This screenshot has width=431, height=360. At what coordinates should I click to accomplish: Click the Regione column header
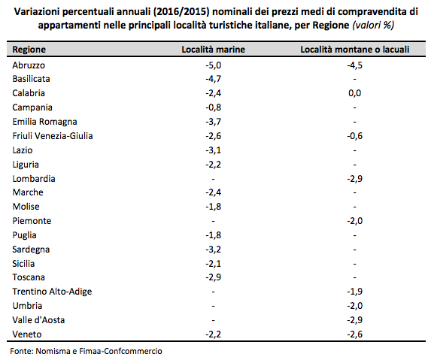(29, 50)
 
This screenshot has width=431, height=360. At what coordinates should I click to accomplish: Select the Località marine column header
(214, 50)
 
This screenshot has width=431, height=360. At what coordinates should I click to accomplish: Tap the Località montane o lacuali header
(354, 50)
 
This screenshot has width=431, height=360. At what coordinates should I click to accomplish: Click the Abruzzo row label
(29, 65)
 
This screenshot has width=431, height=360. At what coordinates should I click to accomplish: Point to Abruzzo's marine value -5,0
(214, 65)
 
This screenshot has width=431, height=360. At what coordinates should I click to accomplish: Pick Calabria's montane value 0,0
(354, 93)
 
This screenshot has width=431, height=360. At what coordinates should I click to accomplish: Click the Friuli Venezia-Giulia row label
(53, 136)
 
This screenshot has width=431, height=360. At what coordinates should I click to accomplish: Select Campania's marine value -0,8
(214, 107)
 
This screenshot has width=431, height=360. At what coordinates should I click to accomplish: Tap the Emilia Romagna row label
(44, 122)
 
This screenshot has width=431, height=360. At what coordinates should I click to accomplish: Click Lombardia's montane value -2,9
(354, 179)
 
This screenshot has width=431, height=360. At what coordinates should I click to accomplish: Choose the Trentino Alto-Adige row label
(52, 292)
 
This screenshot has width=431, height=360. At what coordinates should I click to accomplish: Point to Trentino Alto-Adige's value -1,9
(354, 292)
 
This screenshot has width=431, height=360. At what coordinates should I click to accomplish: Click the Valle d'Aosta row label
(38, 320)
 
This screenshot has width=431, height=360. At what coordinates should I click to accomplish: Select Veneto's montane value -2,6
(354, 334)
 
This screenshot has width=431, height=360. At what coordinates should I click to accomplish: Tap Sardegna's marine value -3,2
(214, 250)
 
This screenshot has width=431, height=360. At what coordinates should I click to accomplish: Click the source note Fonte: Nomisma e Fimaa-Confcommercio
(86, 351)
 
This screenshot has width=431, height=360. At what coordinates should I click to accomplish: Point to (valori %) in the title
(373, 26)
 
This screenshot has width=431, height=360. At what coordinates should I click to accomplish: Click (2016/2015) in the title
(181, 12)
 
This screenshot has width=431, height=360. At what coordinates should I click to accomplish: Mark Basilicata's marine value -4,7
(214, 79)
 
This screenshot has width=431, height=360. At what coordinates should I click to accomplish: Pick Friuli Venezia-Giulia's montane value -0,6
(354, 136)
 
